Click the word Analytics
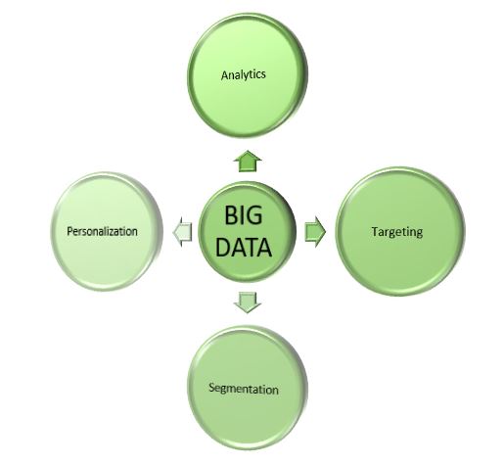pyautogui.click(x=244, y=75)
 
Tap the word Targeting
pyautogui.click(x=397, y=232)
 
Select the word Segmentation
pyautogui.click(x=244, y=389)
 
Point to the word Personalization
pyautogui.click(x=102, y=231)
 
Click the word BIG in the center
pyautogui.click(x=244, y=214)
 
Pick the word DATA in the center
pyautogui.click(x=244, y=247)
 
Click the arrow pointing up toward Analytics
pyautogui.click(x=248, y=161)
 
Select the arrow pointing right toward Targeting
pyautogui.click(x=315, y=231)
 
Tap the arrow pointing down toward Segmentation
pyautogui.click(x=248, y=302)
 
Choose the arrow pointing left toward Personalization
pyautogui.click(x=182, y=232)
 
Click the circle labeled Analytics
pyautogui.click(x=248, y=75)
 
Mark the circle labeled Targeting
pyautogui.click(x=400, y=231)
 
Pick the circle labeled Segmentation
pyautogui.click(x=248, y=389)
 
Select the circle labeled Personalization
pyautogui.click(x=107, y=231)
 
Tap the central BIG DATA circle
pyautogui.click(x=247, y=232)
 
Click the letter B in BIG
pyautogui.click(x=231, y=214)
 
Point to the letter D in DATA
pyautogui.click(x=222, y=247)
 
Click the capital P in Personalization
pyautogui.click(x=69, y=231)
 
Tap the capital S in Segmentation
pyautogui.click(x=212, y=388)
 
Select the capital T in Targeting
pyautogui.click(x=376, y=231)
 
